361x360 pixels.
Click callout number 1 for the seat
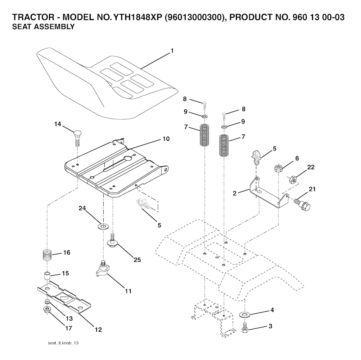[x=172, y=51]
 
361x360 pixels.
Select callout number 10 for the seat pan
[x=166, y=139]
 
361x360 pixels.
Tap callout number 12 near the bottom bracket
[x=98, y=330]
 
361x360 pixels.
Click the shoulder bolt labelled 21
[x=302, y=203]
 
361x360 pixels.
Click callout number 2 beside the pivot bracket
[x=234, y=193]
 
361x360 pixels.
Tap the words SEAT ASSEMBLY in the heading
[x=43, y=27]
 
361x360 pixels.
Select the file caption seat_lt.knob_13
[x=63, y=343]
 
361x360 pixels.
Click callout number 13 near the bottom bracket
[x=69, y=318]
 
